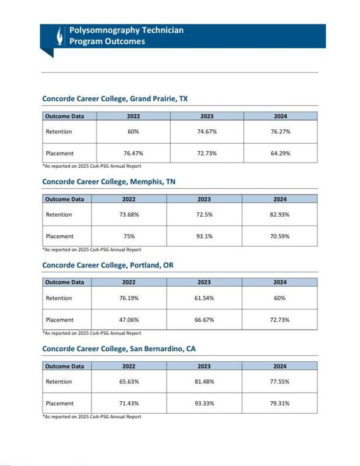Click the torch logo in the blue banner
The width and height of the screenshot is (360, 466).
59,36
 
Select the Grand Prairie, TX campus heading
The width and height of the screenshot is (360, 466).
115,99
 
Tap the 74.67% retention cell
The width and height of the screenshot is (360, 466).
207,132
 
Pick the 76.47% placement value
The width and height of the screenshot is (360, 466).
133,153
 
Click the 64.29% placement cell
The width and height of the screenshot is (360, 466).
280,153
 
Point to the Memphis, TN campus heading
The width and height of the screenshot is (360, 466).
108,182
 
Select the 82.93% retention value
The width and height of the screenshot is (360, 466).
280,215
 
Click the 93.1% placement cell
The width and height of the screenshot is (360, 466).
204,236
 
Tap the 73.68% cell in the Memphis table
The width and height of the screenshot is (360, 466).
129,215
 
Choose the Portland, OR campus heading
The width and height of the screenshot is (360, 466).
108,266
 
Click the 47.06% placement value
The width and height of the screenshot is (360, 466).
129,320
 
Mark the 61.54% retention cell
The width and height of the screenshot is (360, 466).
204,298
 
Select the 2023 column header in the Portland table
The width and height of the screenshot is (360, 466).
204,283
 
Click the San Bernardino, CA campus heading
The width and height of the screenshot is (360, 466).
118,349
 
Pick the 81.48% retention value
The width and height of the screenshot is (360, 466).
204,382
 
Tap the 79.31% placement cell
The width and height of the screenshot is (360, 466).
280,404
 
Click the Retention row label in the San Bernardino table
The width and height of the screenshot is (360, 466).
59,382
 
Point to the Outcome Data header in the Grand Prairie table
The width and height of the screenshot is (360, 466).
65,116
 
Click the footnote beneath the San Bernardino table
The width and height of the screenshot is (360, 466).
91,417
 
